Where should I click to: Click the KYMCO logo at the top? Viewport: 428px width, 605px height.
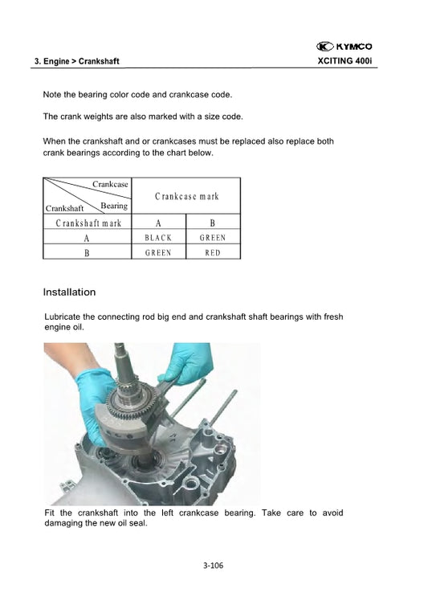point(344,46)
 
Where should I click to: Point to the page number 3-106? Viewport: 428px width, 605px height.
point(213,566)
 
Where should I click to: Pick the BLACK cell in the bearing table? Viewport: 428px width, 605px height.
point(158,238)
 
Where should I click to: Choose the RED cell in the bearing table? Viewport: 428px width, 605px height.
point(212,252)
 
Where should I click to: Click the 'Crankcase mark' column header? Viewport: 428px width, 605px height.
point(186,197)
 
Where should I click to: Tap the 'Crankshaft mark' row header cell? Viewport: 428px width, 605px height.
point(88,223)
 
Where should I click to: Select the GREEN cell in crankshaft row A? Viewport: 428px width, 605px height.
point(212,238)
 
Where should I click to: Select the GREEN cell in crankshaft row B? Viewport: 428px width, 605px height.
point(158,252)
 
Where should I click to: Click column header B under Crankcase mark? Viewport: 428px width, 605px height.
point(212,223)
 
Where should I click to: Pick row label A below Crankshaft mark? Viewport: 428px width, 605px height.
point(87,238)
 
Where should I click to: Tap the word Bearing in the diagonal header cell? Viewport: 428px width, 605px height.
point(114,206)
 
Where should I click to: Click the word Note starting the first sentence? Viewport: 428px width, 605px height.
point(52,95)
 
